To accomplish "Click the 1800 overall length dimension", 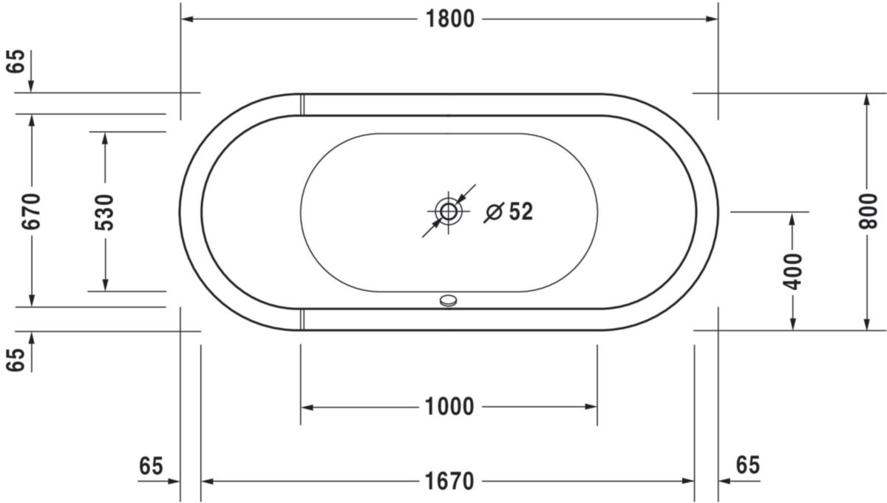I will [x=449, y=19].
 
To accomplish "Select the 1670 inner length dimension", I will [x=449, y=482].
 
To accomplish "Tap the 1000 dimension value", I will [x=449, y=406].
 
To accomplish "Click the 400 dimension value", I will [x=792, y=271].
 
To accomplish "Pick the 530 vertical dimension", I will [x=105, y=212].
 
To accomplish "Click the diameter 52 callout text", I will [x=509, y=212].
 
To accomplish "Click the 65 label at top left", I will [x=16, y=61].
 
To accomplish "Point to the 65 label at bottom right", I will [x=747, y=465].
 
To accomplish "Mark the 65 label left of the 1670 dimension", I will [x=151, y=466].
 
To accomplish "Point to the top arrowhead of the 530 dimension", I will [x=105, y=138].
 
